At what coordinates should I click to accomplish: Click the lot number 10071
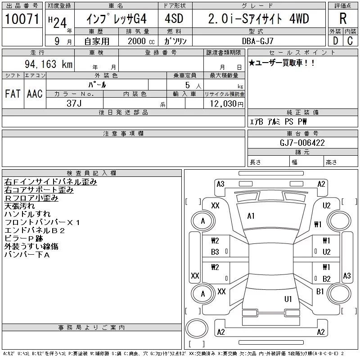click(x=22, y=19)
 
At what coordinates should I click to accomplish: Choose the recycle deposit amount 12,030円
click(x=224, y=103)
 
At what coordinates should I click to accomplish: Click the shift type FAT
click(x=13, y=94)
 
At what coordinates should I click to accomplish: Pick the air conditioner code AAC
click(x=35, y=94)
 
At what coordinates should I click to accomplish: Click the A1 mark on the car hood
click(x=251, y=216)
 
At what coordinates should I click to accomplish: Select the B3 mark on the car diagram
click(x=215, y=252)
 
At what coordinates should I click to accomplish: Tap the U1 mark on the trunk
click(x=288, y=299)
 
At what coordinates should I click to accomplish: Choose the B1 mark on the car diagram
click(x=320, y=292)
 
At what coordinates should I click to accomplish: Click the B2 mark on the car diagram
click(x=327, y=279)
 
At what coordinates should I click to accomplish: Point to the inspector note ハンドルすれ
click(x=27, y=214)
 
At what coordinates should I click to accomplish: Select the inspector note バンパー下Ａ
click(x=27, y=255)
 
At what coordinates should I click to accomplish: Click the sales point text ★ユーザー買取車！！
click(x=282, y=63)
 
